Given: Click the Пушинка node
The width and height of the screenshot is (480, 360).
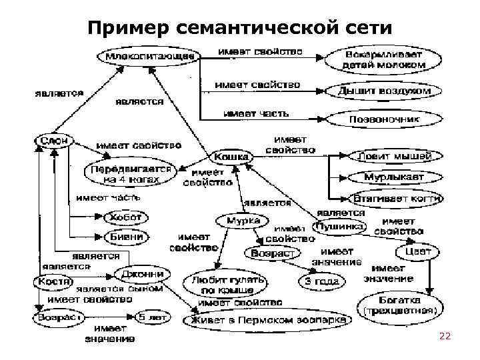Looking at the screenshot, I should (341, 227).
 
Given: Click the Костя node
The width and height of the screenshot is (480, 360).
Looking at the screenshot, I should (53, 282).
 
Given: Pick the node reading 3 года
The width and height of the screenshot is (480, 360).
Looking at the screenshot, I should (322, 281).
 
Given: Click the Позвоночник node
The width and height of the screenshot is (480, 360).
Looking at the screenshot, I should (385, 119).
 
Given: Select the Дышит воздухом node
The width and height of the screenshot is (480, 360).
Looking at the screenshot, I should (384, 91).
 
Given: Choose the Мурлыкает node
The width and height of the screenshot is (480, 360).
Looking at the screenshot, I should (394, 177).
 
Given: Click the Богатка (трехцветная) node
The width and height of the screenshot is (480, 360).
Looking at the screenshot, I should (399, 304).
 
